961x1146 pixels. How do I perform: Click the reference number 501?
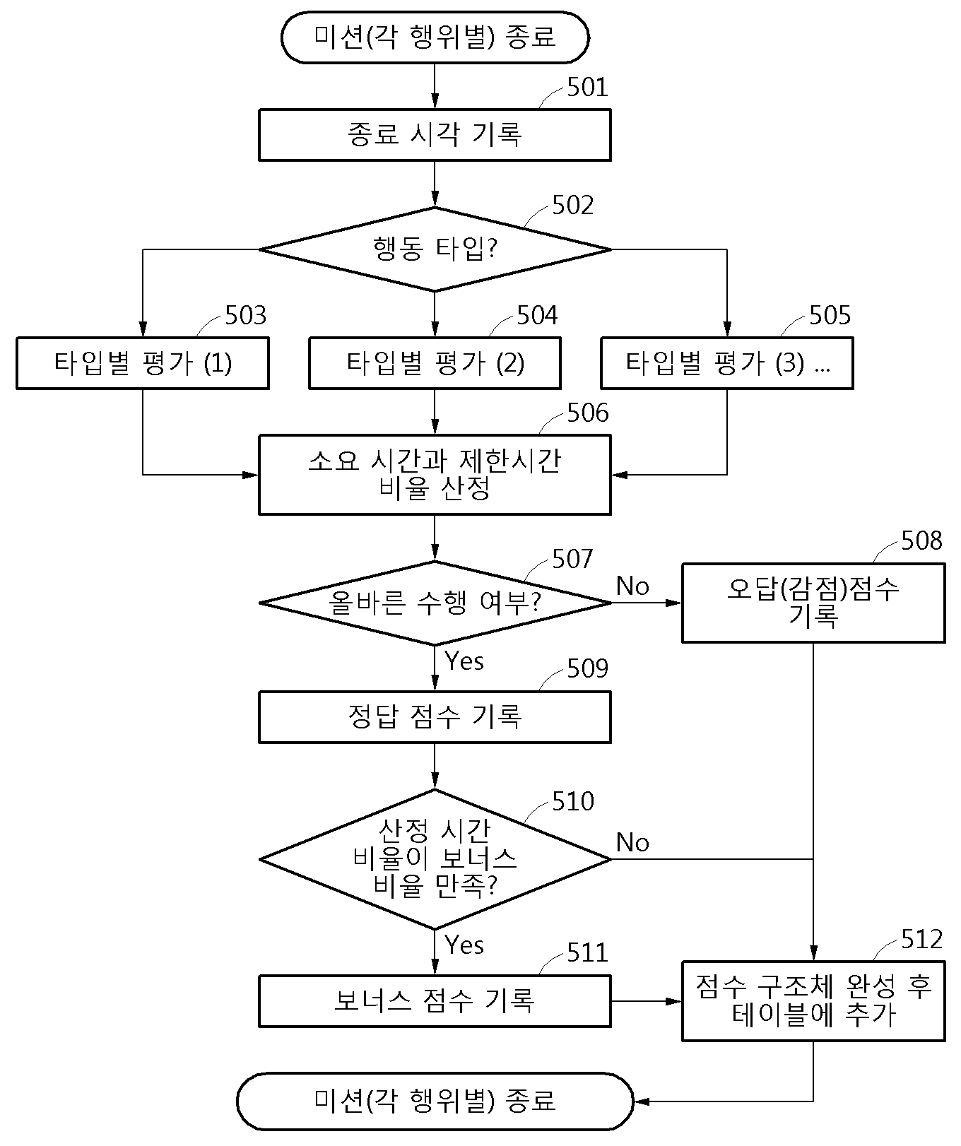[x=587, y=88]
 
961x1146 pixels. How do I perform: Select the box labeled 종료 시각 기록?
[x=435, y=135]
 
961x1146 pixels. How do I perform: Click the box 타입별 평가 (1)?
[x=143, y=363]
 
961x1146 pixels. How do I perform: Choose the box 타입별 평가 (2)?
[x=435, y=363]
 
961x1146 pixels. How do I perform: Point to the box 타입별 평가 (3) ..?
[x=727, y=363]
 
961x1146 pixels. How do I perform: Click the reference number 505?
[x=830, y=316]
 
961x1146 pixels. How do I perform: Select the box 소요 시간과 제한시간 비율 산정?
[x=435, y=475]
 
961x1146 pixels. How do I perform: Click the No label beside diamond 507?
[x=632, y=586]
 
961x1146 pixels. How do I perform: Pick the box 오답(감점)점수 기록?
[x=813, y=603]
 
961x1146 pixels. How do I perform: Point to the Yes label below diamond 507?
[x=464, y=661]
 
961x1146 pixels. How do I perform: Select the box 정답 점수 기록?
[x=435, y=717]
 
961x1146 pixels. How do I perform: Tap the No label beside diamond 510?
[x=632, y=842]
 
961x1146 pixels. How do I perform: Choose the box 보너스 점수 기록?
[x=435, y=1001]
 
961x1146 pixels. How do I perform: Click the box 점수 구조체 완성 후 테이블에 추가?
[x=813, y=1001]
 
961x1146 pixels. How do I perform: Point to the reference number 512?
[x=922, y=940]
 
